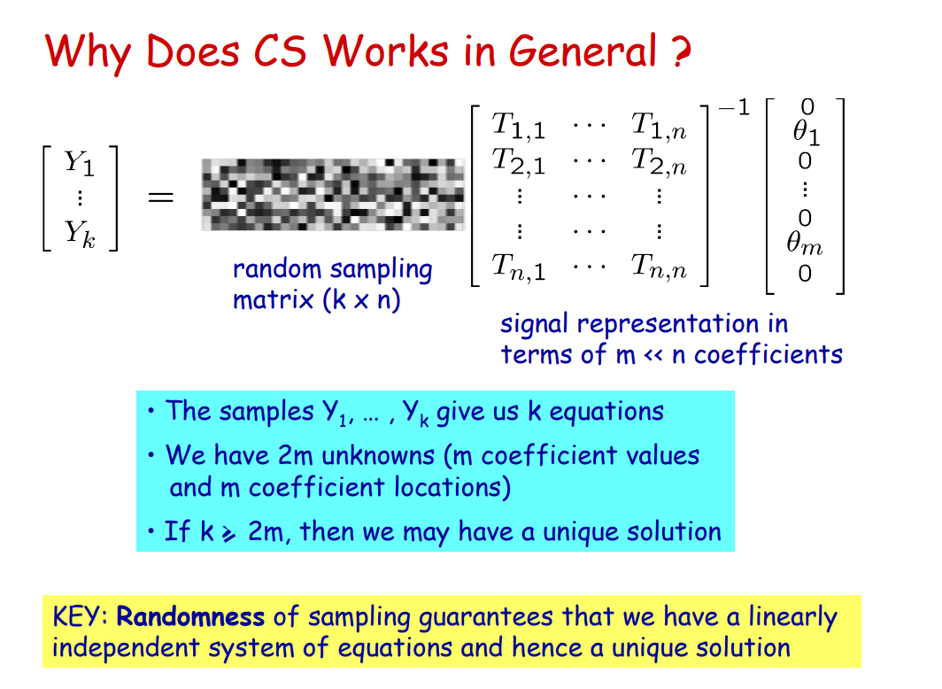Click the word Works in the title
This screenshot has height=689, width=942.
coord(386,50)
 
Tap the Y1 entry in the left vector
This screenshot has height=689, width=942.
coord(80,163)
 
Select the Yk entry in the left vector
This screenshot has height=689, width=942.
coord(80,234)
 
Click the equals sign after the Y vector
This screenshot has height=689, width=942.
coord(160,197)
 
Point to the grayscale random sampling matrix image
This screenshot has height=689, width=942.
coord(333,195)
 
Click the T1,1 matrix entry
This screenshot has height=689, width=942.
coord(519,126)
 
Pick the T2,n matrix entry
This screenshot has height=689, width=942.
coord(659,161)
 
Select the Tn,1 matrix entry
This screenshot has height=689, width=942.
coord(519,267)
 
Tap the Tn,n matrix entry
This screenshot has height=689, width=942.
coord(659,267)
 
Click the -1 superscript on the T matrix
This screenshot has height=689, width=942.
coord(734,108)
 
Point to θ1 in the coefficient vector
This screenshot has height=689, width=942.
coord(807,133)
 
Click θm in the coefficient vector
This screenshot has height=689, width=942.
coord(805,244)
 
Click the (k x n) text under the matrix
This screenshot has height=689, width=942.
coord(361,299)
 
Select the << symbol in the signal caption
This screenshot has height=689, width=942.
coord(653,356)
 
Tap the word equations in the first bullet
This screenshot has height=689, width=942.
coord(606,412)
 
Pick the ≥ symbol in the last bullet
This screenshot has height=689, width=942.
coord(229,533)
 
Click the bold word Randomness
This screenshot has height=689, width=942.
coord(190,617)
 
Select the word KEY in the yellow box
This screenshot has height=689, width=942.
coord(75,617)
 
